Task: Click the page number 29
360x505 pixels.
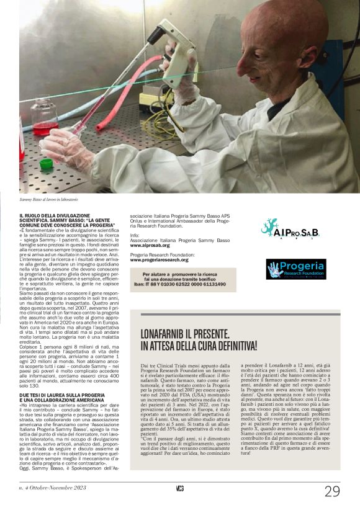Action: point(332,490)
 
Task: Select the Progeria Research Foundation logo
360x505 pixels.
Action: point(304,269)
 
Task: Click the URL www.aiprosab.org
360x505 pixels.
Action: point(151,246)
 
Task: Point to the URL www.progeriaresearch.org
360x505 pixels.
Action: point(159,260)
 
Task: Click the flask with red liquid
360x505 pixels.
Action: point(43,118)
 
